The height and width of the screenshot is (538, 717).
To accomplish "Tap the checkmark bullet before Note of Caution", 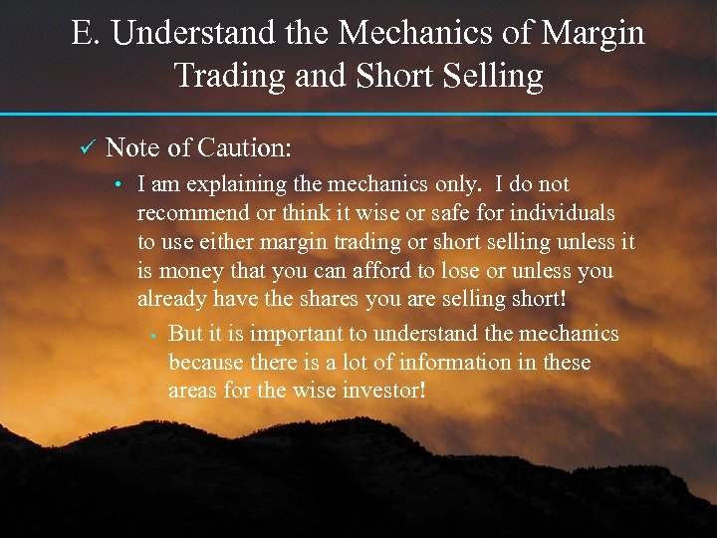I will (86, 148).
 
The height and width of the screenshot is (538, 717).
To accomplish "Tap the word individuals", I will (563, 213).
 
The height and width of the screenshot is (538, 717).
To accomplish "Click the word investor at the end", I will (382, 392).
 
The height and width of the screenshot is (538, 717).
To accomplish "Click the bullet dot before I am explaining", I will (118, 185).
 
